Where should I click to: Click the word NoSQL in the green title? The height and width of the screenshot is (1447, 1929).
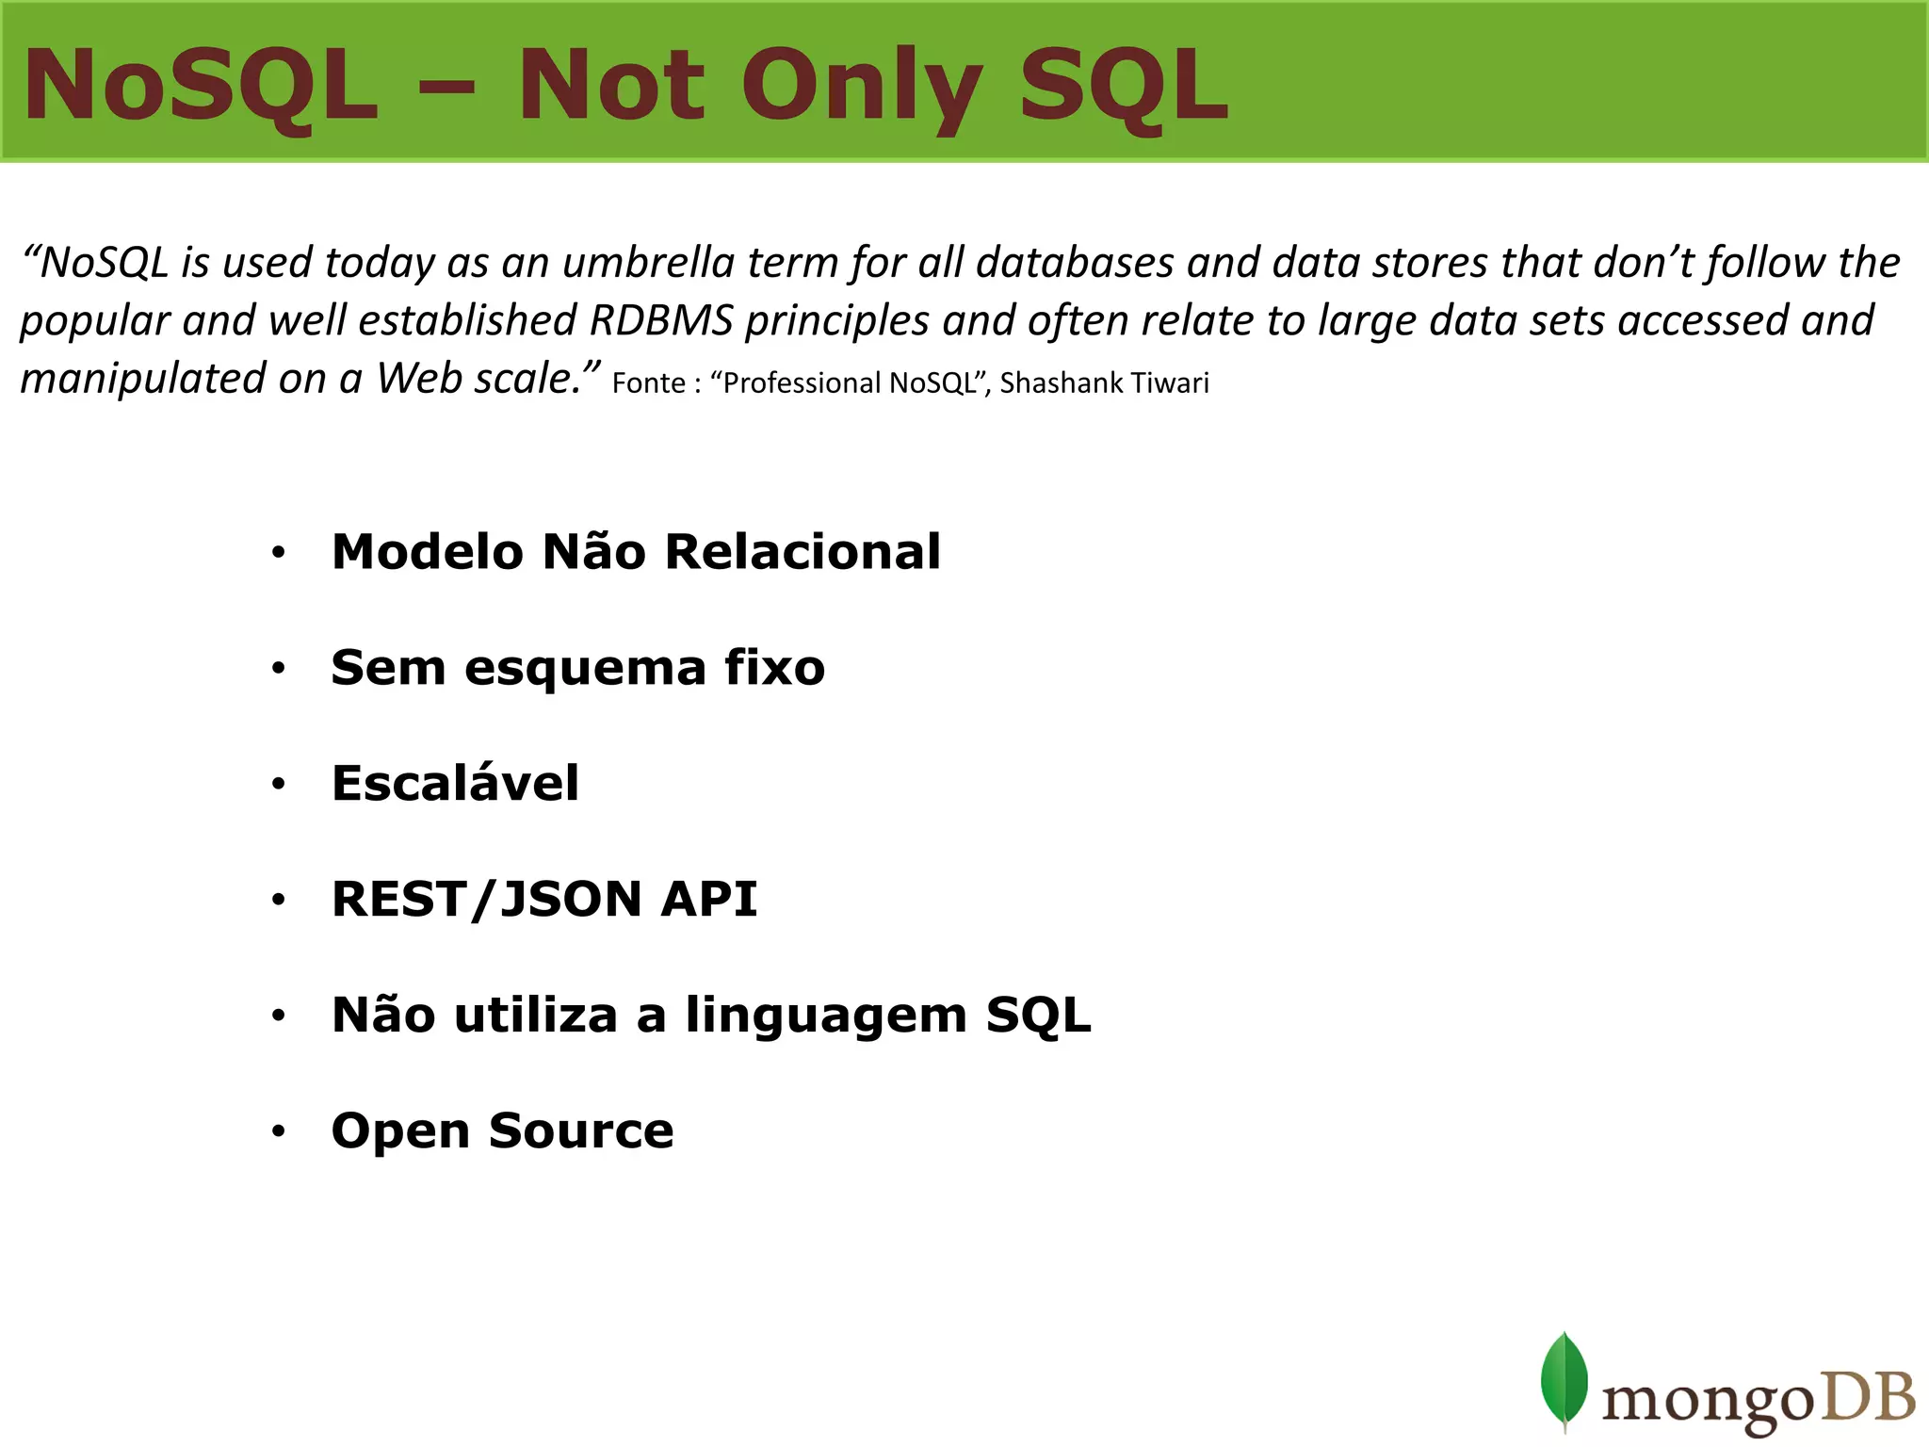201,87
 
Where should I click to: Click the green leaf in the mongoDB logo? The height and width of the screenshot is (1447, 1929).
1564,1379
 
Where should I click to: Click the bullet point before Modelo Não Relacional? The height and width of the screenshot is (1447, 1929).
278,553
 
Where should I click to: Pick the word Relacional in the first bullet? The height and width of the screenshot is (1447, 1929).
802,551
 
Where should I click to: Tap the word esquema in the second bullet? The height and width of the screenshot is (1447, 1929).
585,668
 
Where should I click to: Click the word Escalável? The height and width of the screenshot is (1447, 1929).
455,783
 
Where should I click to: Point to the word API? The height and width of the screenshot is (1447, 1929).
708,899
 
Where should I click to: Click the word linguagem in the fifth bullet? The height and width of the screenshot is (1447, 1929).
826,1016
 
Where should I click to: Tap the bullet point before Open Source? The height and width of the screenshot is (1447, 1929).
278,1131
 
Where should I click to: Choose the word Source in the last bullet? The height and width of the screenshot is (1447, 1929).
581,1130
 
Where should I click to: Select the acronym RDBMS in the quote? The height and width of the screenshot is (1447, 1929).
661,320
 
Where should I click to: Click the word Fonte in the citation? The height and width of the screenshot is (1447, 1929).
648,383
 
